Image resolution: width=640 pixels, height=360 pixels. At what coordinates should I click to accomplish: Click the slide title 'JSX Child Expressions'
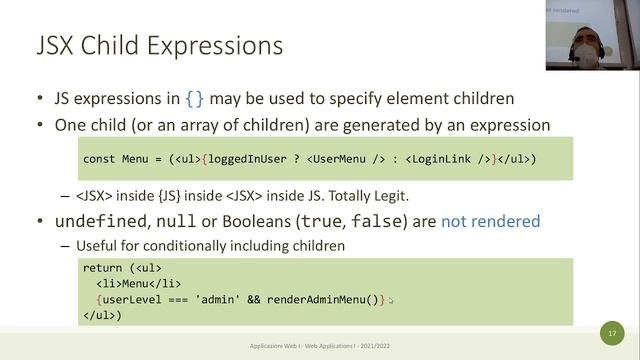click(159, 46)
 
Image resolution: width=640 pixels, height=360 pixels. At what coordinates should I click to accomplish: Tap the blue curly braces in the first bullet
click(197, 99)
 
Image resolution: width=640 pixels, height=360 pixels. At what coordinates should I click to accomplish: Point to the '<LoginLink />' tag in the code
click(446, 159)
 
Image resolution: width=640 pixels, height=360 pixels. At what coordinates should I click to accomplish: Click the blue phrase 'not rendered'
click(490, 220)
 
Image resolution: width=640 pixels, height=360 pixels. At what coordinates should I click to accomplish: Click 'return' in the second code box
click(103, 269)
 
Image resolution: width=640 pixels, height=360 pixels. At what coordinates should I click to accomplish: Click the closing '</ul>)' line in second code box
click(102, 315)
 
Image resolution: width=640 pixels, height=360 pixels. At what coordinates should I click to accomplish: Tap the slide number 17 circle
click(612, 332)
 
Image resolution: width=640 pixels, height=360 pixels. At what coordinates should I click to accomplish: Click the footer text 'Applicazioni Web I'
click(284, 347)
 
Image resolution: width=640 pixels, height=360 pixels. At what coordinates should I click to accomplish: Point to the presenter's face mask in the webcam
click(587, 54)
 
